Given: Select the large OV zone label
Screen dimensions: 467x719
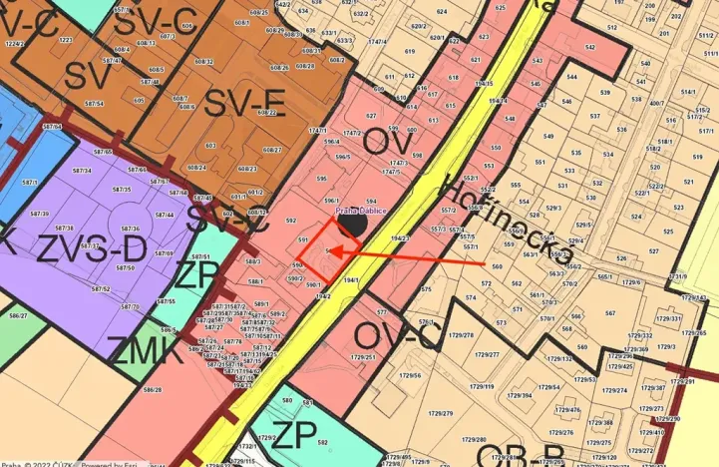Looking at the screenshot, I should tap(389, 144).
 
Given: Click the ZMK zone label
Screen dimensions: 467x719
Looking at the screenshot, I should tap(143, 351).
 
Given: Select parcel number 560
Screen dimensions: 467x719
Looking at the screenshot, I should tap(497, 267).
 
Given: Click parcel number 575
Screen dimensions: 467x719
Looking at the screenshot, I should tap(426, 289).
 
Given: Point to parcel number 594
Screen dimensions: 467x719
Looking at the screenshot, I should tap(372, 202).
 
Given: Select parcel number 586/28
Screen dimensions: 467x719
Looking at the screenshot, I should tap(153, 389).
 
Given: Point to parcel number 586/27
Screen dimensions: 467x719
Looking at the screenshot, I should tap(17, 316).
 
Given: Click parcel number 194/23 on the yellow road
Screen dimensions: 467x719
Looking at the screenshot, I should tap(401, 238).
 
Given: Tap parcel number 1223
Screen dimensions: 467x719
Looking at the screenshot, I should tap(66, 40).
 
